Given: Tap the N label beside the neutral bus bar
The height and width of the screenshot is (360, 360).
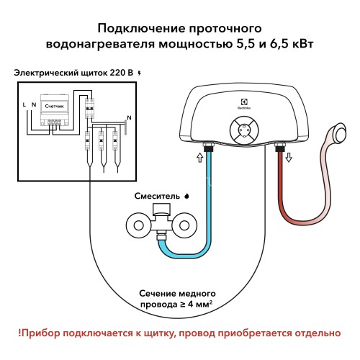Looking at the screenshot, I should [x=129, y=117].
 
